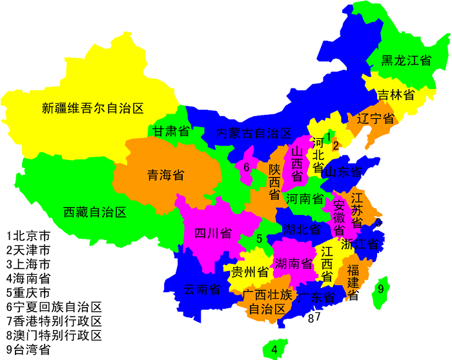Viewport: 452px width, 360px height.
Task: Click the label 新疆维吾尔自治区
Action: tap(92, 108)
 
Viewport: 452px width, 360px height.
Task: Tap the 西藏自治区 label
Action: tap(95, 212)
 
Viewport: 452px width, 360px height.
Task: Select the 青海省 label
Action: tap(166, 175)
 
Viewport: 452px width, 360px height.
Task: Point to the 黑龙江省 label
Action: tap(406, 61)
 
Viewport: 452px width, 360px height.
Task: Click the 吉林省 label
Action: tap(396, 95)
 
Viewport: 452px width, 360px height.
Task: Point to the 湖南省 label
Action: tap(293, 263)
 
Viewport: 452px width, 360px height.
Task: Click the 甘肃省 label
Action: tap(171, 132)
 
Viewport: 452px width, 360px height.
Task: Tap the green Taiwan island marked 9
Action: tap(380, 290)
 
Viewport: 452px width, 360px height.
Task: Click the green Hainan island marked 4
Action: tap(274, 350)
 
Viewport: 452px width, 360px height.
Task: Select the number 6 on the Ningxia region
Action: tap(246, 167)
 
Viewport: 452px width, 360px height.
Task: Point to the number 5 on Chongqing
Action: tap(259, 239)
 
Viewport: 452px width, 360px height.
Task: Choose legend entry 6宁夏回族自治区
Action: tap(54, 307)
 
